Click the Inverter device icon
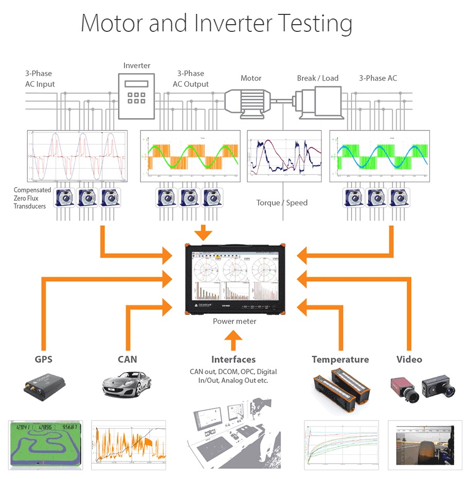(136, 96)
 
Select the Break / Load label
(317, 78)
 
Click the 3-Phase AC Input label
(40, 79)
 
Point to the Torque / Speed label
(282, 202)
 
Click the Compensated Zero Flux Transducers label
(32, 198)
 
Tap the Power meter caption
(235, 321)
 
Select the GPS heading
(43, 359)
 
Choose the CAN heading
(127, 359)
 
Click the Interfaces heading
(233, 359)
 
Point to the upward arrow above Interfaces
(233, 340)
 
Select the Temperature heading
(340, 359)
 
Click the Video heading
(409, 359)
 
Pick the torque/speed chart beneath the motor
(284, 156)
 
